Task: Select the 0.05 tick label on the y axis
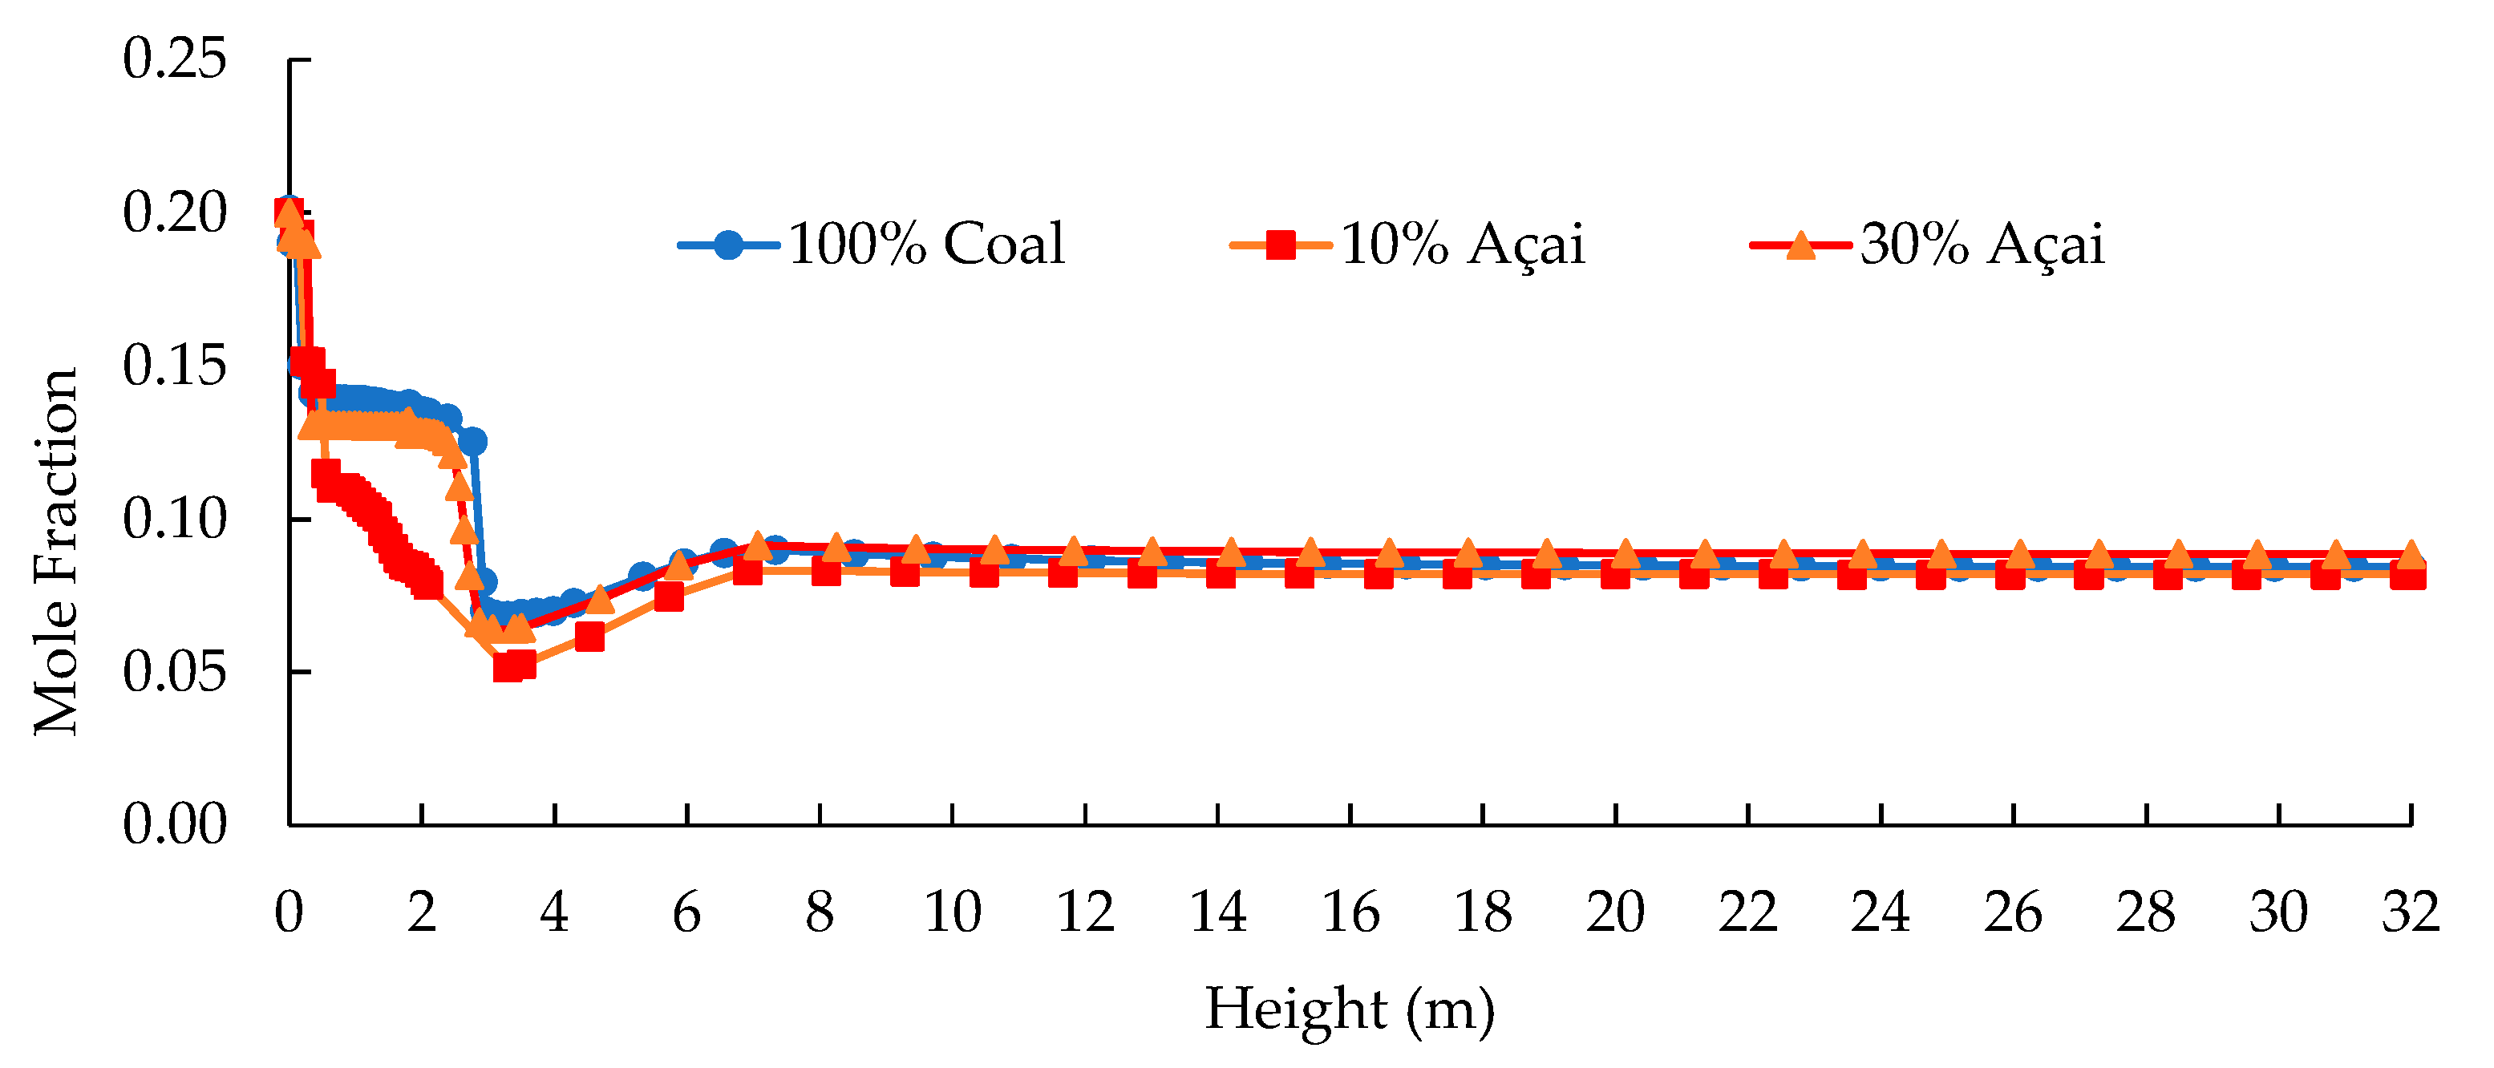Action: click(x=174, y=671)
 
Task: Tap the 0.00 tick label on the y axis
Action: click(x=174, y=824)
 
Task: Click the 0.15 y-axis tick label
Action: click(x=174, y=365)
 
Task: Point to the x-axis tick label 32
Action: click(x=2410, y=912)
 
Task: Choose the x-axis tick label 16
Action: click(x=1350, y=912)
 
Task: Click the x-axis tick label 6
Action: click(x=686, y=912)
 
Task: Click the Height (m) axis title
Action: click(x=1350, y=1009)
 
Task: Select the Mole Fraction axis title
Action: click(x=56, y=552)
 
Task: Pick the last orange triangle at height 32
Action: click(x=2410, y=554)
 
